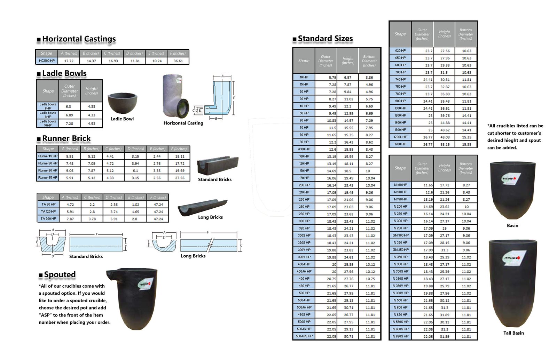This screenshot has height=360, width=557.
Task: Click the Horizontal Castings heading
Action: click(79, 39)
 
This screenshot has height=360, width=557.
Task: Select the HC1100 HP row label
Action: click(47, 61)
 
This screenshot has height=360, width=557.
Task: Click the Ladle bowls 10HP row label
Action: click(48, 123)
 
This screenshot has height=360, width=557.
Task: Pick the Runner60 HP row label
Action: click(48, 163)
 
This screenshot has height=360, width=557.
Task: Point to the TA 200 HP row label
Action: click(48, 219)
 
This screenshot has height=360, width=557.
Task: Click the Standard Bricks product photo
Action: click(217, 165)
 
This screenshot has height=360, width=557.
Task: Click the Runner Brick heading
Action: click(66, 138)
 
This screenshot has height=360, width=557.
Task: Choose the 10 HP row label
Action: click(304, 77)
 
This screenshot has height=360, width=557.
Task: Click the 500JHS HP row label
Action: click(304, 336)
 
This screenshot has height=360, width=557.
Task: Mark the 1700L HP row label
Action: click(400, 137)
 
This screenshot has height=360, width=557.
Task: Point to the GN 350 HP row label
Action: click(400, 250)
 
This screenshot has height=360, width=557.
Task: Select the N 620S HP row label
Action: click(400, 336)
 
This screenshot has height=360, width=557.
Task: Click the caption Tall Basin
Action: click(513, 333)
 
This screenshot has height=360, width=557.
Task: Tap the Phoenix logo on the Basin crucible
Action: click(511, 178)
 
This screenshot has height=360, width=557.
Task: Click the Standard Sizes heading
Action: click(325, 39)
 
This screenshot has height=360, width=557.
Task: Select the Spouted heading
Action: click(60, 275)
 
